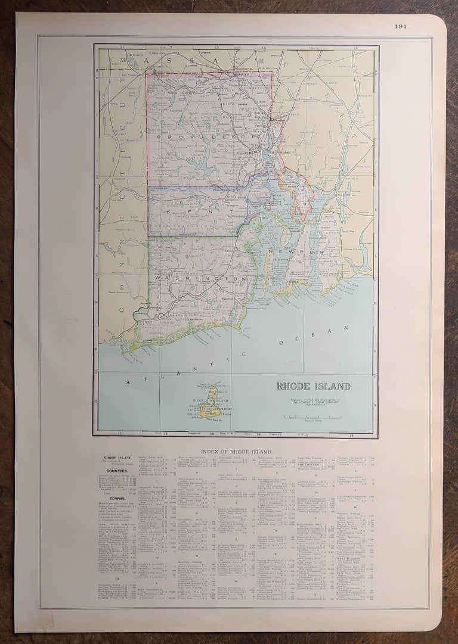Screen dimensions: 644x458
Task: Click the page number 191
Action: (400, 26)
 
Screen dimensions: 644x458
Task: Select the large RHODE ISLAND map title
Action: (313, 386)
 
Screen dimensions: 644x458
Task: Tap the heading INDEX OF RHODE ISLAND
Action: (236, 452)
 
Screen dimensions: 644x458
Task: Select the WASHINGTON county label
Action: (200, 278)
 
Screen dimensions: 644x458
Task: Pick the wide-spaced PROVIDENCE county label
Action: (206, 136)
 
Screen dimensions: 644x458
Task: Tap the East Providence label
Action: (281, 153)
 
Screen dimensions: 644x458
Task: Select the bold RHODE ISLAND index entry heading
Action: (117, 458)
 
